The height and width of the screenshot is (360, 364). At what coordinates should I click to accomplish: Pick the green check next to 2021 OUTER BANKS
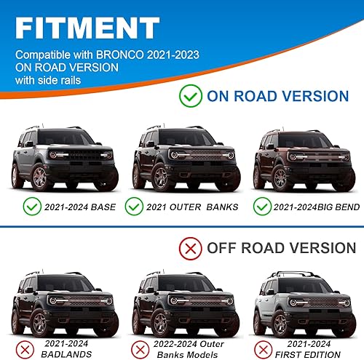[133, 207]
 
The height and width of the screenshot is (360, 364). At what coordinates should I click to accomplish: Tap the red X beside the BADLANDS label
[25, 346]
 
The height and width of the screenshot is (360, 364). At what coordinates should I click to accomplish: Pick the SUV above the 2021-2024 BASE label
[63, 161]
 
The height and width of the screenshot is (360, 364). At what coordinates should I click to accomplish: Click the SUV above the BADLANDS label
[63, 303]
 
